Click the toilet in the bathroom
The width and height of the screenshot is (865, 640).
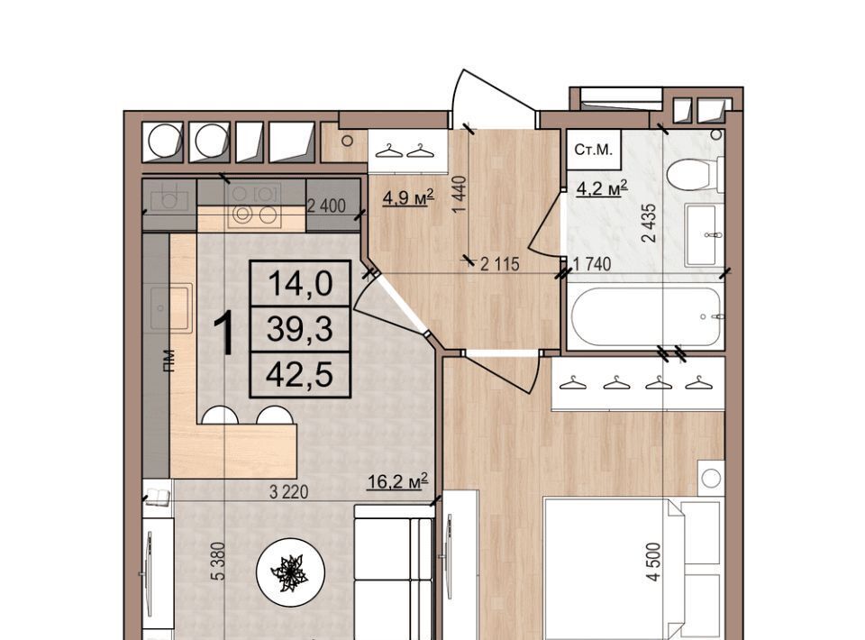(694, 173)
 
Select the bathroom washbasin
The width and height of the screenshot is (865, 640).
(702, 234)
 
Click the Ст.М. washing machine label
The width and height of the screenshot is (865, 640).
(594, 150)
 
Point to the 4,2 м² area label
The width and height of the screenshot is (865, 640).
(602, 188)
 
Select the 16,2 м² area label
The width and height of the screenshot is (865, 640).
(397, 481)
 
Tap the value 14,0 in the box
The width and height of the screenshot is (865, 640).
(300, 284)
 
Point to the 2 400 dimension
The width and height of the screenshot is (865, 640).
(326, 206)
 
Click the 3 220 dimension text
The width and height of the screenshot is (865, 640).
(288, 492)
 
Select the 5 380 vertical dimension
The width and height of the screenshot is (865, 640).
(218, 561)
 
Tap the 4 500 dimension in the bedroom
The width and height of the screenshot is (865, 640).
(653, 562)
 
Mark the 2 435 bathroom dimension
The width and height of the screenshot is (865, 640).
(650, 224)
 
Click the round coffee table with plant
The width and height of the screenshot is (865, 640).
(290, 572)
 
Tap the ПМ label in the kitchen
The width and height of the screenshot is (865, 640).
(168, 361)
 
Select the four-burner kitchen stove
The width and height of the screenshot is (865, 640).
(254, 206)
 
